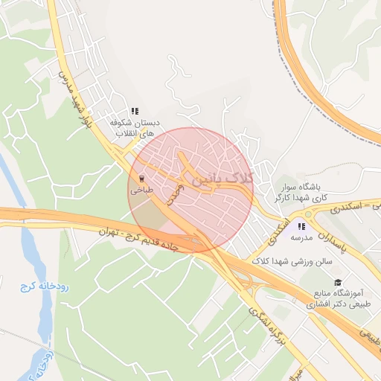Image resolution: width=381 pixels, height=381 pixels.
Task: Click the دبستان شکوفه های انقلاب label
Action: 134,129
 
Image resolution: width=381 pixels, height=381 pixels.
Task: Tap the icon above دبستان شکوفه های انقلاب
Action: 134,111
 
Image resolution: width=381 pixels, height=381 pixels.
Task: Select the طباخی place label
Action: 141,190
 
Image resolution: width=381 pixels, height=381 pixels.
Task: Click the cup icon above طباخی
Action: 141,179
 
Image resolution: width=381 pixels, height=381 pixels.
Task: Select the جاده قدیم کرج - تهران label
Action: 141,240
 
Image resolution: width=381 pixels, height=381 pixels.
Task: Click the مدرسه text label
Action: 301,239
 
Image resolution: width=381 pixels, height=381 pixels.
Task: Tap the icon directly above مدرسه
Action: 301,226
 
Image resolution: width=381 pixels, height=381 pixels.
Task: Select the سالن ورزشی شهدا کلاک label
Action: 291,261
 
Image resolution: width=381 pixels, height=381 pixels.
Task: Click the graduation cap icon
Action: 339,283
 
